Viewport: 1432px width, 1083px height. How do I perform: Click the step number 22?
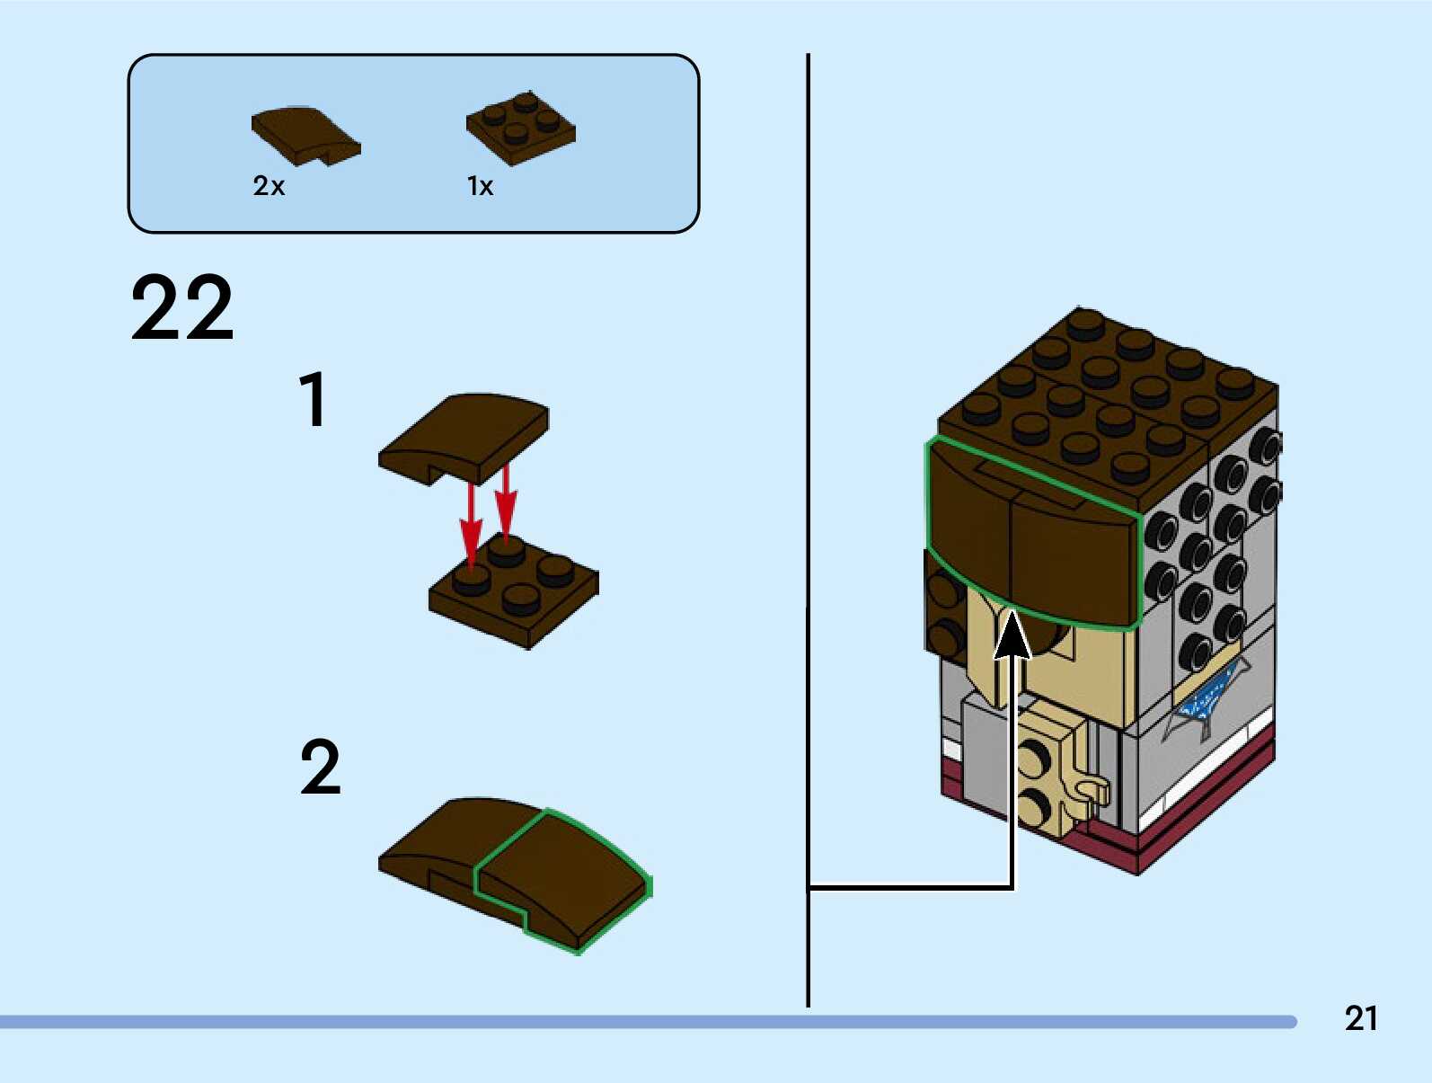[x=182, y=307]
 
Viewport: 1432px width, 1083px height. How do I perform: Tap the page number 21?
[x=1361, y=1018]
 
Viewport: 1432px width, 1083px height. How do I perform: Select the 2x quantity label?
[x=269, y=186]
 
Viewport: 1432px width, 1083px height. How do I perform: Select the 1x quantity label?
[x=480, y=186]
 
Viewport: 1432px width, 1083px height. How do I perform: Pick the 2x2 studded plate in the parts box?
[x=520, y=129]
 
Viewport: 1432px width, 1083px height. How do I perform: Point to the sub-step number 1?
[x=313, y=399]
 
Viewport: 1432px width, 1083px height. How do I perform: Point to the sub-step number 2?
[x=321, y=767]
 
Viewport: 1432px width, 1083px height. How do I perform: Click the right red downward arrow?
[x=506, y=503]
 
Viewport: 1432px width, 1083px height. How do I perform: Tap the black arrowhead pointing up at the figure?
[x=1012, y=634]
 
